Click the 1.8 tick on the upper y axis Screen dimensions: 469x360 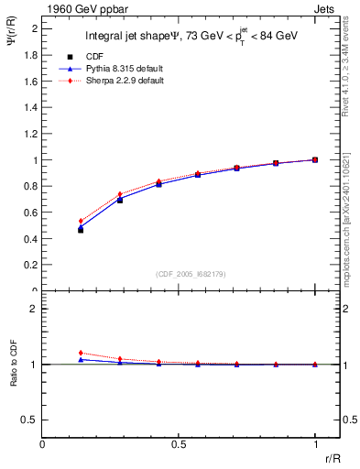[33, 54]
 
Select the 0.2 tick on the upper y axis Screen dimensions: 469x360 [33, 265]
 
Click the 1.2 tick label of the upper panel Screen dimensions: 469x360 [33, 134]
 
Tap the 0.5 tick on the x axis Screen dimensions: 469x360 [179, 445]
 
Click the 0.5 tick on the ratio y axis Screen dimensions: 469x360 [33, 420]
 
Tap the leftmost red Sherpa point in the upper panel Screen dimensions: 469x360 [81, 221]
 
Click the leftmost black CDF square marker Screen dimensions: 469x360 [81, 230]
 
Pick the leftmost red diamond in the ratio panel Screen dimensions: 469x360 [81, 353]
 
